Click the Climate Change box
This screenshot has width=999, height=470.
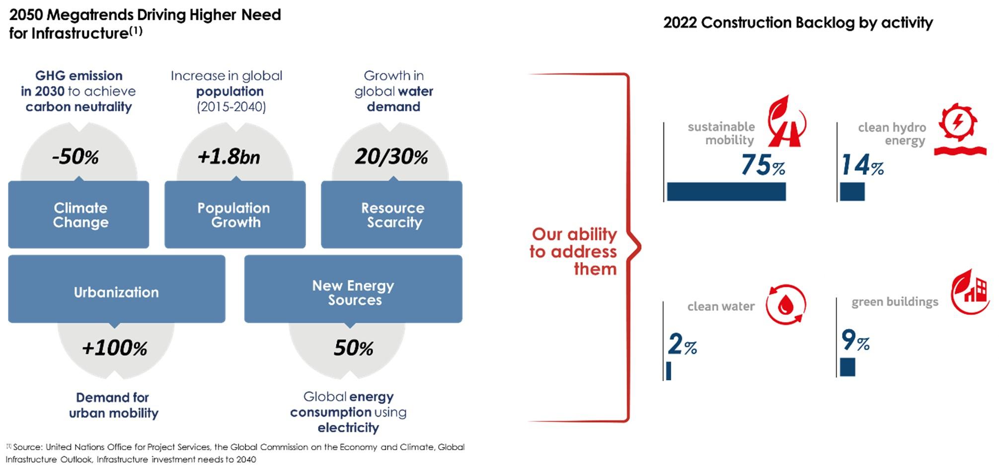point(78,214)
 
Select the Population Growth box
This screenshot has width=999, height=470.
point(235,214)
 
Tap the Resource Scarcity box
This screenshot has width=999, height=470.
point(391,214)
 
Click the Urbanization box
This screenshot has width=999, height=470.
point(116,289)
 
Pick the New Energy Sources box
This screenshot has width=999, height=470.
point(353,289)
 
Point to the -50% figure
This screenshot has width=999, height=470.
point(76,157)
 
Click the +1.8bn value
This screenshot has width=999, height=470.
point(229,157)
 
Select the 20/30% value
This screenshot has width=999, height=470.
point(391,157)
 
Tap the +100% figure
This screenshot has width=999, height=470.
point(115,348)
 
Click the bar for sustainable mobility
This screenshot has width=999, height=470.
point(726,192)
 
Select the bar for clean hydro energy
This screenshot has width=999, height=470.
point(852,192)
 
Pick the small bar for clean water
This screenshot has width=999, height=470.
point(669,371)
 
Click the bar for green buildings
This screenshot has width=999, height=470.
point(847,367)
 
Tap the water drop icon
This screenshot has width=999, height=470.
point(785,305)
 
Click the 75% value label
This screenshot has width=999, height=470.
point(763,165)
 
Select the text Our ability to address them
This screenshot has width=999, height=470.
point(573,251)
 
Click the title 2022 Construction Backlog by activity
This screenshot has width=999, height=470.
point(798,23)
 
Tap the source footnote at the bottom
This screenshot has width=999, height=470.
point(235,453)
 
